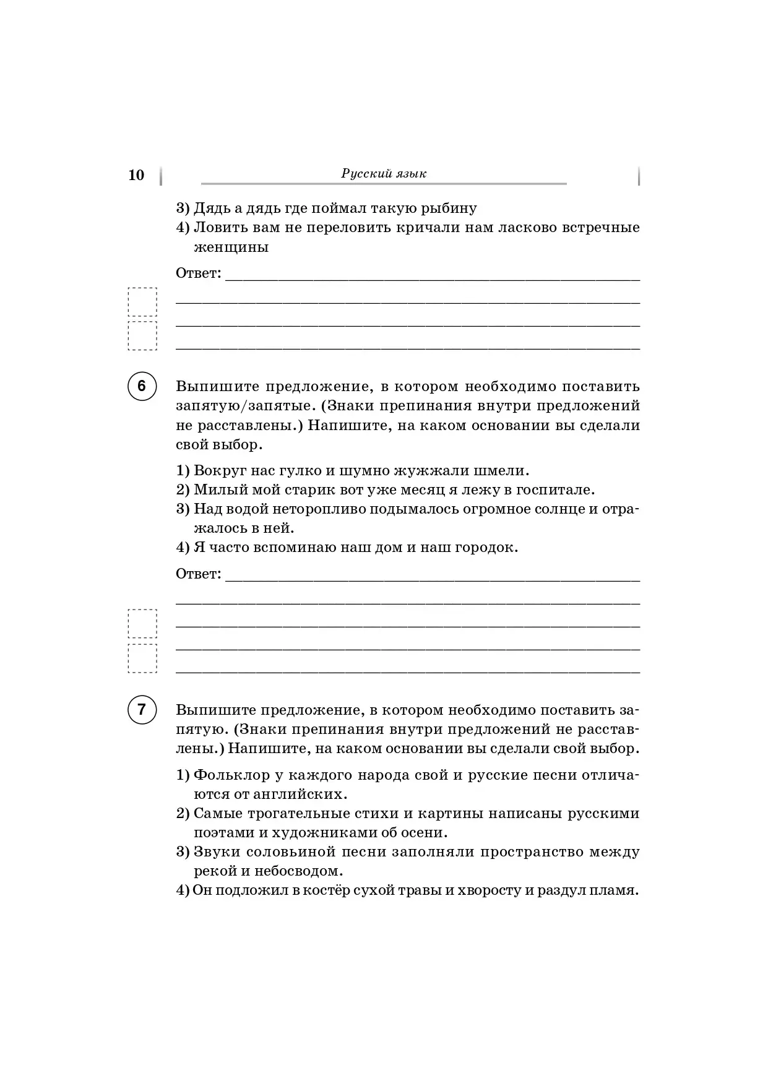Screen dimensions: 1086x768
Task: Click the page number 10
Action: (x=136, y=175)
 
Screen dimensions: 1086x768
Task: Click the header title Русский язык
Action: (x=384, y=174)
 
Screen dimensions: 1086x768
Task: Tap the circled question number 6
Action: (x=142, y=386)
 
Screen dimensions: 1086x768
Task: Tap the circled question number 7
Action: (x=142, y=709)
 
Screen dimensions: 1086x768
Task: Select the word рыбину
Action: (x=449, y=209)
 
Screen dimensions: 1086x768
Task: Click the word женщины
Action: (x=231, y=248)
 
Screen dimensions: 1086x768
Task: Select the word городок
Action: (x=486, y=548)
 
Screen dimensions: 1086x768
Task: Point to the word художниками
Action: (x=319, y=833)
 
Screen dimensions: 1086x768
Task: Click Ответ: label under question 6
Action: (x=198, y=574)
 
